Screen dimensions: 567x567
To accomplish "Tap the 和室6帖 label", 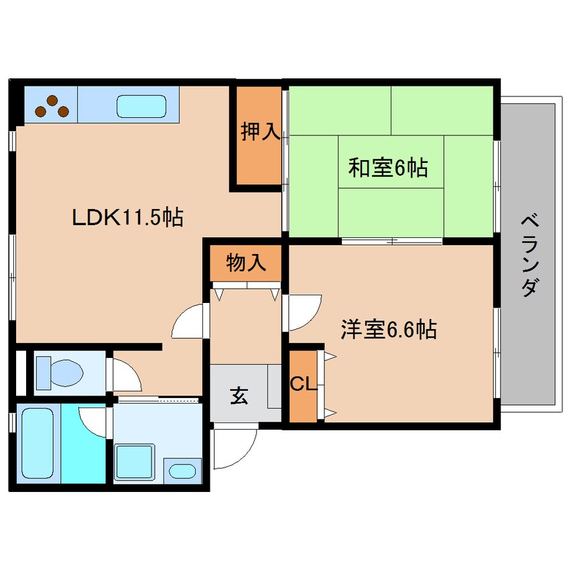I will point(387,168).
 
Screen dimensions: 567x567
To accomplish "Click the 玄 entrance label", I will point(239,396).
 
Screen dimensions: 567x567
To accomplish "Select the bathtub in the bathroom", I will point(38,442).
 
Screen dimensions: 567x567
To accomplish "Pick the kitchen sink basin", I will point(141,107).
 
